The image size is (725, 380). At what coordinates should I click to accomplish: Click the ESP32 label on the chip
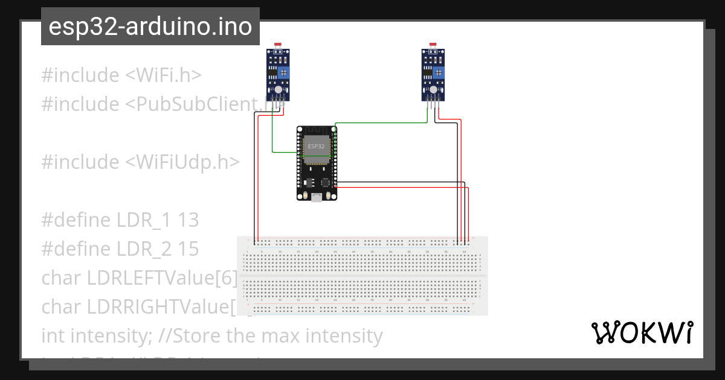point(316,147)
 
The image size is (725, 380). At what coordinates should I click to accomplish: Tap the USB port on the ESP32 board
point(317,197)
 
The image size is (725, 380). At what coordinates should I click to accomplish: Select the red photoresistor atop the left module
point(278,45)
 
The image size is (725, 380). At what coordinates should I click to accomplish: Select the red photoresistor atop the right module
point(433,45)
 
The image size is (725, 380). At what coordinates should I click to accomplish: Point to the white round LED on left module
point(278,89)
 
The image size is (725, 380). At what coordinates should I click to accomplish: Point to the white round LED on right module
point(433,89)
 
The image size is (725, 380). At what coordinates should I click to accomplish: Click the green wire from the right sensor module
point(381,123)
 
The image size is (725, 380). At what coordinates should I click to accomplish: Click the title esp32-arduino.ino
point(150,27)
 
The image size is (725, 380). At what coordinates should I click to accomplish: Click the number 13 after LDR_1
point(188,220)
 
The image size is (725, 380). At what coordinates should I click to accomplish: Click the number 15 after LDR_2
point(188,249)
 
